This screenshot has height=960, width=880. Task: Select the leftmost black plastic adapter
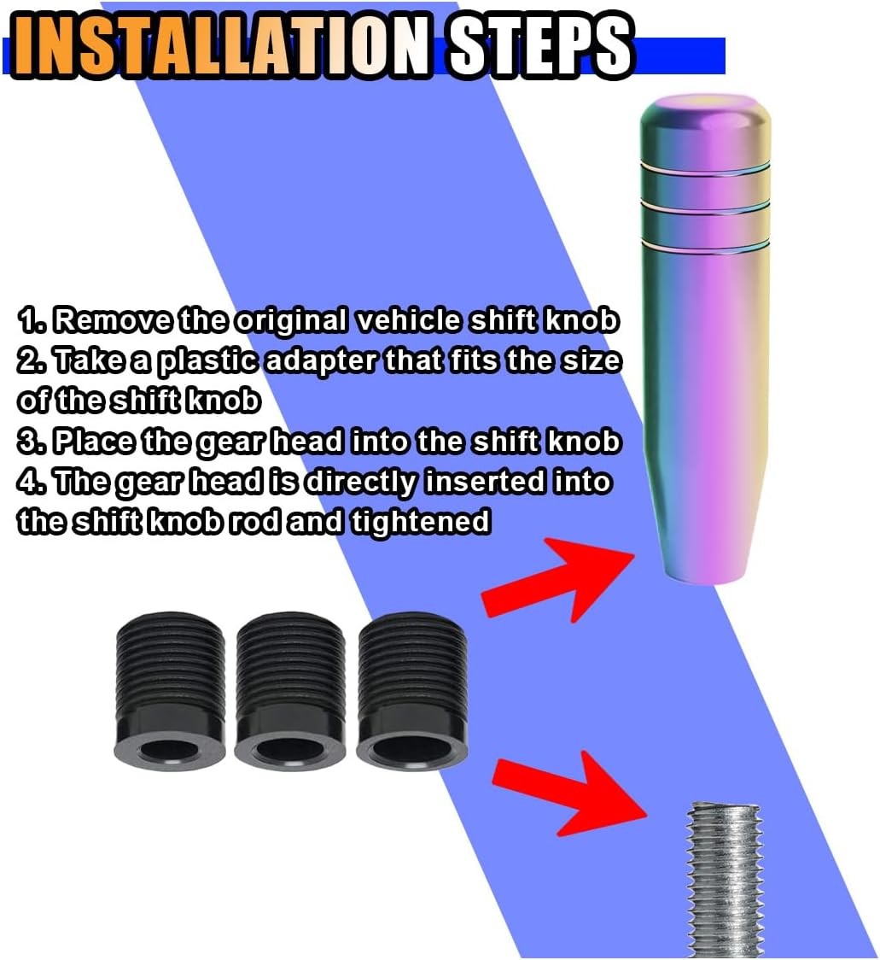click(170, 688)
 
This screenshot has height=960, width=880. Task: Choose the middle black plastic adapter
click(290, 688)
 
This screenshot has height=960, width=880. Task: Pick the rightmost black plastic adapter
click(411, 688)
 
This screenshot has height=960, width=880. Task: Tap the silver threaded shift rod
click(726, 880)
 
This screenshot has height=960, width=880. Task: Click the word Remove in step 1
click(112, 320)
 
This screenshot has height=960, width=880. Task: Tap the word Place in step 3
click(93, 441)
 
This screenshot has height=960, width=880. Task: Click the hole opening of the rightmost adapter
click(411, 745)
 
